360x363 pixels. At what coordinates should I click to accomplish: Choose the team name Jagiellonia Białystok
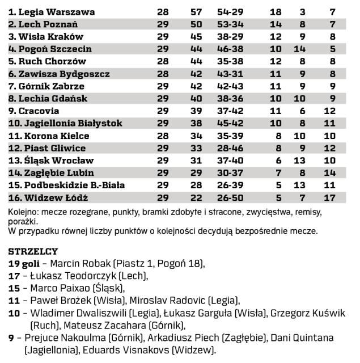[x=65, y=123]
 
